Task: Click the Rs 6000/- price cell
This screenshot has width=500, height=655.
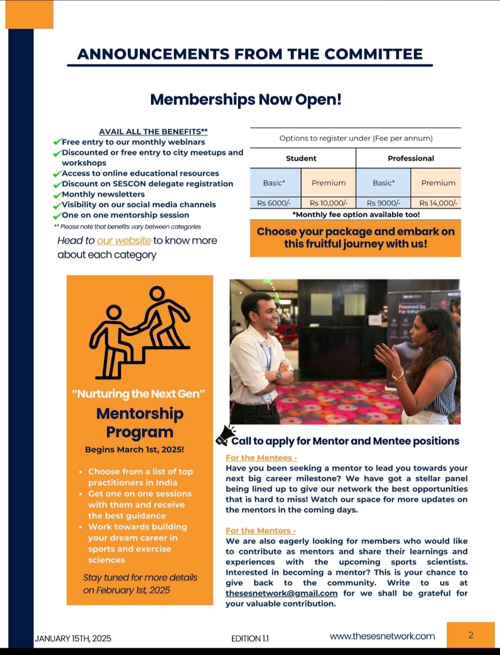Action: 274,203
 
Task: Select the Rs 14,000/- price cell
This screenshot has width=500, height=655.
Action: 438,203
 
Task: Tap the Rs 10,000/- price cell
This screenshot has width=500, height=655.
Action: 328,203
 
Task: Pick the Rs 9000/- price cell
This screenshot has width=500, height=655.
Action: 383,203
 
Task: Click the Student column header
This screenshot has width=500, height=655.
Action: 301,158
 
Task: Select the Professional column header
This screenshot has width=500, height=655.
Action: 411,158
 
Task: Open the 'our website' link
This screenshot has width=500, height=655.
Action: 124,241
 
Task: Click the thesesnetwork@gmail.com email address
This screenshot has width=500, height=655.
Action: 281,593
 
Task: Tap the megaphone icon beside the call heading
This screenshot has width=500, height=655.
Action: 225,435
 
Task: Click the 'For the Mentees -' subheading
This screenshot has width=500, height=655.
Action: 261,458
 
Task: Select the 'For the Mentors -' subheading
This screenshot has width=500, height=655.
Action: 261,531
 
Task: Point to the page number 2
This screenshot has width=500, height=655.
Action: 471,635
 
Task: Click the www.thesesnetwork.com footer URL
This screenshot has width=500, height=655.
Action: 382,636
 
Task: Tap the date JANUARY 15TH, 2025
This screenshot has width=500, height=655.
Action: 73,638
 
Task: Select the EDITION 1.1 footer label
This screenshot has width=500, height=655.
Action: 250,638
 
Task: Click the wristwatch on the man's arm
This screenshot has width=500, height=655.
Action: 279,376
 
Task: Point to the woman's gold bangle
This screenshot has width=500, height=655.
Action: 398,376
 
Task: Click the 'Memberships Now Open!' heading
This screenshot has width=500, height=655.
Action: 246,100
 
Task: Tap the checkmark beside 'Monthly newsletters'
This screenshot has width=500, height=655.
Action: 57,195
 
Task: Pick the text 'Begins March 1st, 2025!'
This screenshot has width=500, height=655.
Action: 134,449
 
